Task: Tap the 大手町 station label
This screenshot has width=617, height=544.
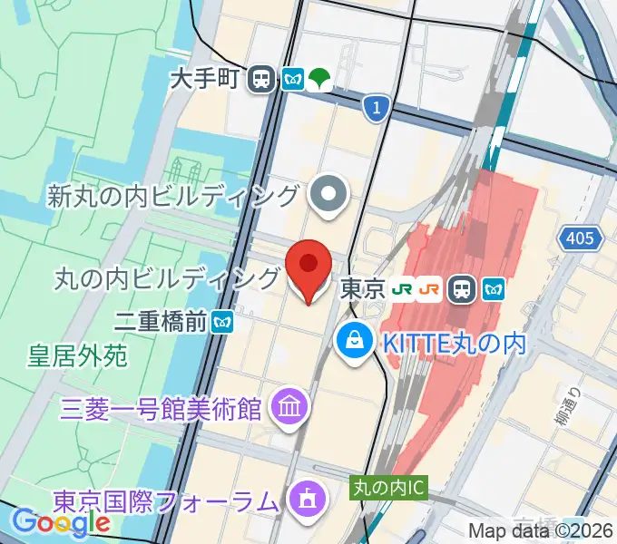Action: pos(208,79)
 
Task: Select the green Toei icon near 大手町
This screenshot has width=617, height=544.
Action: pos(318,79)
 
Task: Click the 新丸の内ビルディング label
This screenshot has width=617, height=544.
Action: pos(174,195)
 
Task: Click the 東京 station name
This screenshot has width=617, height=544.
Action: pos(362,290)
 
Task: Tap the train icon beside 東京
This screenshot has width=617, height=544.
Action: pos(463,290)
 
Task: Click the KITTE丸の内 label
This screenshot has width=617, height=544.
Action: pos(454,344)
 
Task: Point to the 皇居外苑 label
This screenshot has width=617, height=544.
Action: pos(77,355)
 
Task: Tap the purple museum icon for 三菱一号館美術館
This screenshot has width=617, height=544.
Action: pos(290,406)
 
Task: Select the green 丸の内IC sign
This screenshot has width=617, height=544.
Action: pos(389,488)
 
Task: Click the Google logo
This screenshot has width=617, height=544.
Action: pos(61,521)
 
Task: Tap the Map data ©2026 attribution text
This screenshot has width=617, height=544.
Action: pos(541,532)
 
